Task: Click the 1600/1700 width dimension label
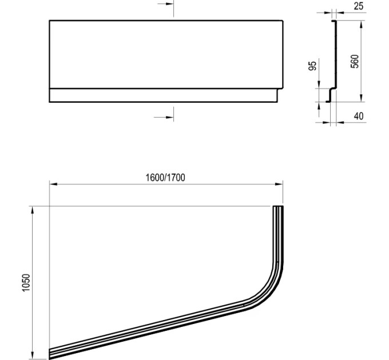[165, 178]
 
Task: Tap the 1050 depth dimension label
[26, 283]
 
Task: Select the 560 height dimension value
[355, 62]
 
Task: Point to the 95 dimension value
[312, 65]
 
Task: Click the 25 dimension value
[359, 6]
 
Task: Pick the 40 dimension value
[359, 116]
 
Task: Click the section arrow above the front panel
[165, 4]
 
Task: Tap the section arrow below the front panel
[164, 117]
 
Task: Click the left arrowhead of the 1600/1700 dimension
[53, 184]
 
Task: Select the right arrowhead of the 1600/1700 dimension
[279, 184]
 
